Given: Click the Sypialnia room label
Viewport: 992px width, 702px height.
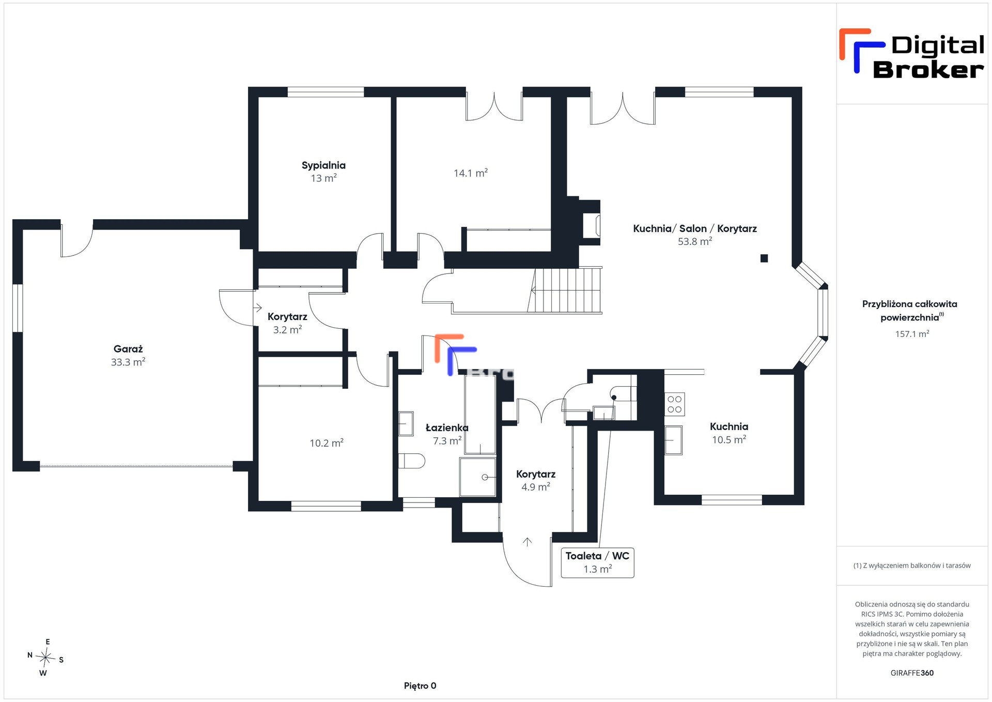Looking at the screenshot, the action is click(323, 165).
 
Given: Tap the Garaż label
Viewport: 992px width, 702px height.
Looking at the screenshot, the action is click(128, 349).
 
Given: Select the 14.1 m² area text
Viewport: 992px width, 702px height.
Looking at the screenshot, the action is click(471, 173).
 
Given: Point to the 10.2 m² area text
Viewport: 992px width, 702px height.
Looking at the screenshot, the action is click(327, 443).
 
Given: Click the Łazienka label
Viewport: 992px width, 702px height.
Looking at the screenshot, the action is click(447, 428).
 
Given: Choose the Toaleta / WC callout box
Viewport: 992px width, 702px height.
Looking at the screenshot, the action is click(597, 562).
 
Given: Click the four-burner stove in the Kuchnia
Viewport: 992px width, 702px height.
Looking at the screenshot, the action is click(674, 404).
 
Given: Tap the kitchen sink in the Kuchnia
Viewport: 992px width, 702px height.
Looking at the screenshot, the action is click(673, 440).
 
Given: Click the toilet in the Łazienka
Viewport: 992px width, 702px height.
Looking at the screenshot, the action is click(412, 461).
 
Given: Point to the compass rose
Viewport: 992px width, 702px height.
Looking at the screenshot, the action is click(45, 658).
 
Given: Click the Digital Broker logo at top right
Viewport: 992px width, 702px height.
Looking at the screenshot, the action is click(912, 54).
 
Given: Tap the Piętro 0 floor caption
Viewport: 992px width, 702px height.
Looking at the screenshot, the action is click(420, 686).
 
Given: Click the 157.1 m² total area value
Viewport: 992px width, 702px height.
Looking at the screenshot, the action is click(912, 334).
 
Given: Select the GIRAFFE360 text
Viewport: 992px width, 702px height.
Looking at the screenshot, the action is click(912, 673).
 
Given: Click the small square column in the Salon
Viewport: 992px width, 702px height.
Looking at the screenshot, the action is click(764, 258).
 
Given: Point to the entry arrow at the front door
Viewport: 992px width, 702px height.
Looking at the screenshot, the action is click(527, 542).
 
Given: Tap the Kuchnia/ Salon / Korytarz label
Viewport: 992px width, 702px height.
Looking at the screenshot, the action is click(695, 228).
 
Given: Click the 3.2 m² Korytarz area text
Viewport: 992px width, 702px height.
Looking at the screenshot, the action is click(287, 330).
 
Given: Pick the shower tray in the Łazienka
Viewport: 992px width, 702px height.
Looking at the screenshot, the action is click(477, 477).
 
